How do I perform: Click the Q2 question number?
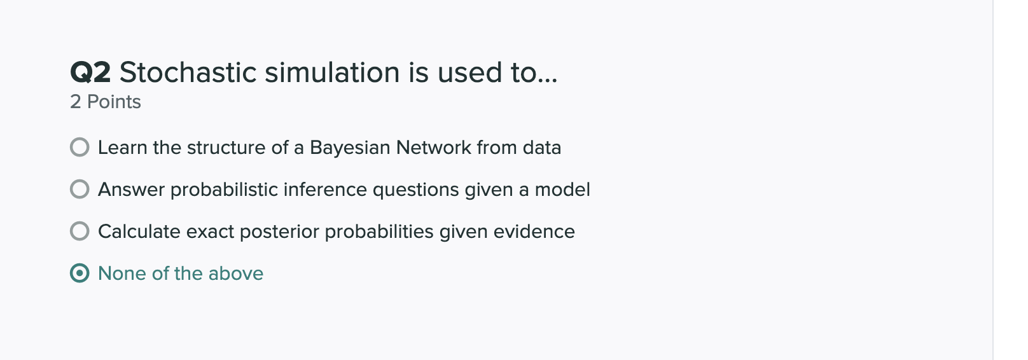tap(90, 73)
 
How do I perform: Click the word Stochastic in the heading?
tap(188, 73)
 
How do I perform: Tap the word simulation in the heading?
tap(332, 73)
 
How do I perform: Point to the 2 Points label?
tap(105, 102)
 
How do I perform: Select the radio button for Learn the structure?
tap(80, 147)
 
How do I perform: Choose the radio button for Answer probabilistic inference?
tap(80, 189)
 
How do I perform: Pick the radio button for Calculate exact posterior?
tap(80, 231)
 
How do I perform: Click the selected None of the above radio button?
tap(80, 273)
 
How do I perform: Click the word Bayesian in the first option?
tap(350, 148)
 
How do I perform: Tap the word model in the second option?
tap(562, 190)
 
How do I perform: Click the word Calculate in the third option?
tap(139, 232)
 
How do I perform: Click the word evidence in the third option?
tap(534, 232)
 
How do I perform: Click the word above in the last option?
tap(236, 273)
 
